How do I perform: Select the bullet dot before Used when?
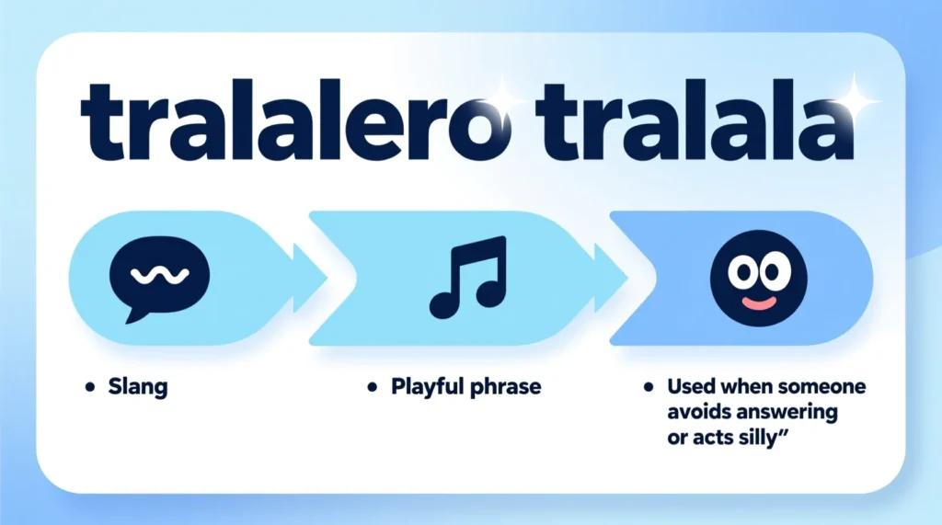[x=648, y=387]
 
